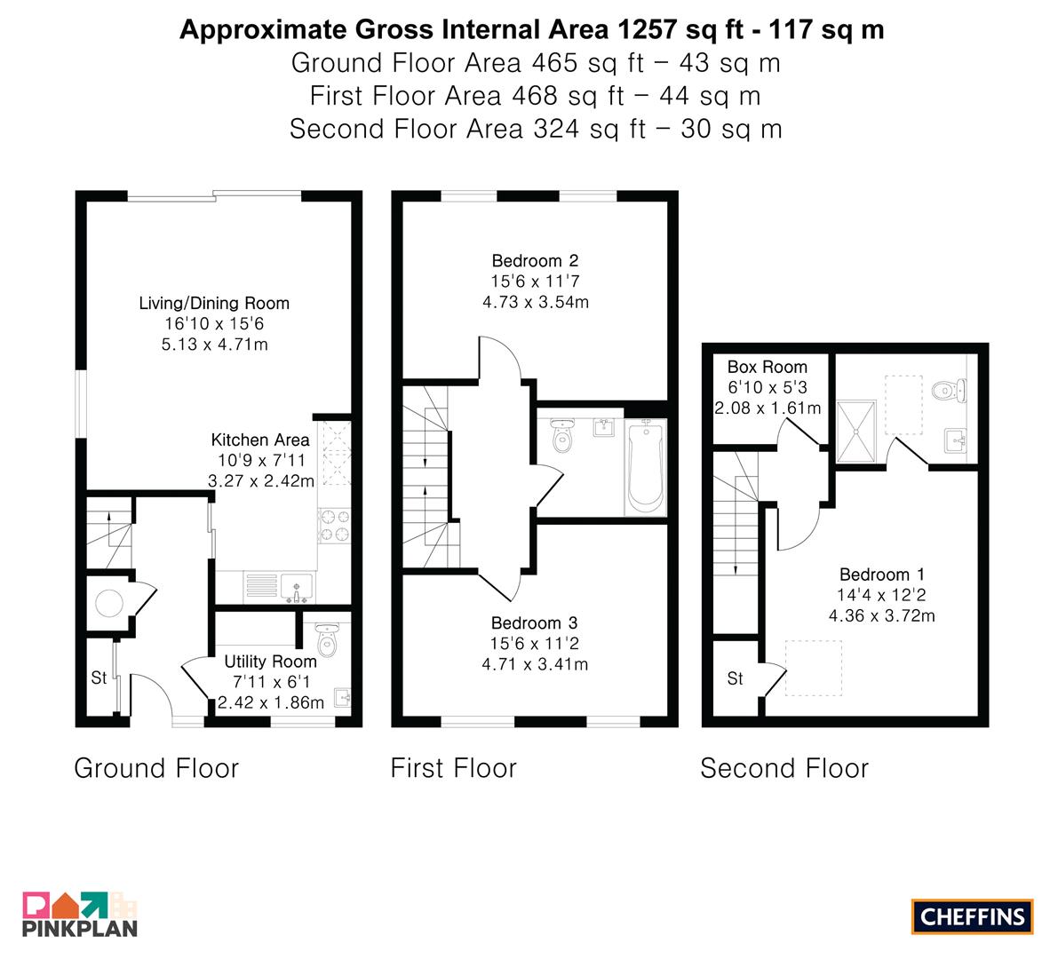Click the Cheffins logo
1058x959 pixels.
point(972,916)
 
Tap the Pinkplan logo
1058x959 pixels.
point(80,915)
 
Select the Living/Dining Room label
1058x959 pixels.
point(214,304)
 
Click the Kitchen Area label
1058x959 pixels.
point(260,440)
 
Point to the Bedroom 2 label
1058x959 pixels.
point(535,261)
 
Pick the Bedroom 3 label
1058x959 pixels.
point(535,623)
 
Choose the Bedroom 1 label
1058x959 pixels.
point(882,575)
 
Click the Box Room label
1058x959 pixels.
point(768,367)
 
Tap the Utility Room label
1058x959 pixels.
point(271,662)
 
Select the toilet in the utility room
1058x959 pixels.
point(327,639)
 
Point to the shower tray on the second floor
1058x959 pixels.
point(856,431)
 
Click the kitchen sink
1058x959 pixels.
point(296,588)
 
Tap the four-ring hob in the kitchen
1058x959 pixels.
point(335,526)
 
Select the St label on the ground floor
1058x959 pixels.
point(99,678)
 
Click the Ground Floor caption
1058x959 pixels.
point(156,768)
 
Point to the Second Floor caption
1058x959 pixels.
point(784,768)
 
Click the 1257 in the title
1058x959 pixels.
point(647,29)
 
